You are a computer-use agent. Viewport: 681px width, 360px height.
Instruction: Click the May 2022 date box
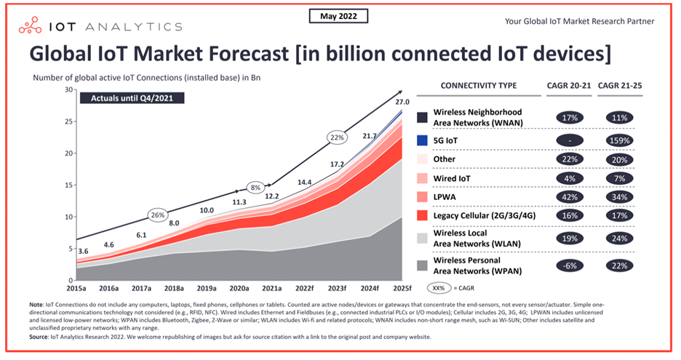click(x=339, y=16)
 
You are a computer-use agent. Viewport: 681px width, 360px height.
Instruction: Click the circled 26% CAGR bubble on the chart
click(x=158, y=215)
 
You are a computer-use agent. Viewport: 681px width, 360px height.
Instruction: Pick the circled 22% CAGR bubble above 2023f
click(x=336, y=137)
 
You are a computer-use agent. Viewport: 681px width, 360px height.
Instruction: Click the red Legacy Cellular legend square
click(x=421, y=216)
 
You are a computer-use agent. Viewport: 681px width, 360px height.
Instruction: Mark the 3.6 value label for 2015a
click(x=84, y=251)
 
